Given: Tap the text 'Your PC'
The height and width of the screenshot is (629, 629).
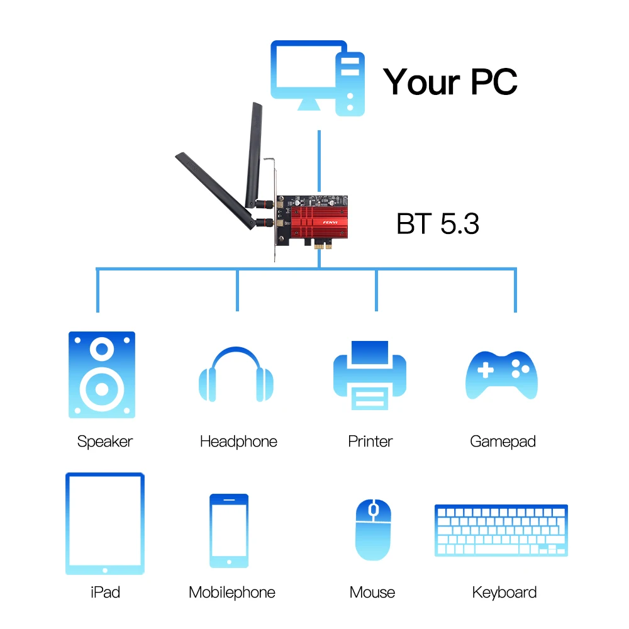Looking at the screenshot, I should [450, 81].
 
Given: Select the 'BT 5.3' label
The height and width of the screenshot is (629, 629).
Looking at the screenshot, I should [438, 225].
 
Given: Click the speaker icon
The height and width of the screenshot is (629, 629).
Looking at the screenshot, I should [101, 375].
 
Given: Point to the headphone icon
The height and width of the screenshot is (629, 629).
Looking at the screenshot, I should [237, 374].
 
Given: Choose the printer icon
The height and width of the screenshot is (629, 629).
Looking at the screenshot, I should [370, 375].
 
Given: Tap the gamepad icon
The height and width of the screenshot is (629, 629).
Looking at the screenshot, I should [502, 375].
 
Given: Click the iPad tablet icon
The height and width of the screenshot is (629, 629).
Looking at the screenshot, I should [105, 523].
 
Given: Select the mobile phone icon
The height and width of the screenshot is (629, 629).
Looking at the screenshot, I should [229, 532].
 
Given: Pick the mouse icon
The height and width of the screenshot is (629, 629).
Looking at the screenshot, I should [373, 530].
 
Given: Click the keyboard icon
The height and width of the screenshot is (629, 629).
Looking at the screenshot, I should [501, 530].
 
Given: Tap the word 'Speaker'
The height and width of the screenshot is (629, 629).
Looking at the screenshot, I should [105, 442].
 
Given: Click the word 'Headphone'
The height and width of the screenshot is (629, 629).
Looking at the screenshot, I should [238, 442].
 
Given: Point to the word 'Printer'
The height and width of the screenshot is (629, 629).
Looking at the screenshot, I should [370, 442].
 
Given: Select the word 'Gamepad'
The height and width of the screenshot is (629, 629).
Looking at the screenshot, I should [503, 442].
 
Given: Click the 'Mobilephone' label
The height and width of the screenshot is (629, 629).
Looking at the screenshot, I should [232, 593].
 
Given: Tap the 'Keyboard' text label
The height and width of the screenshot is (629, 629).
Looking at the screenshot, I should [504, 593].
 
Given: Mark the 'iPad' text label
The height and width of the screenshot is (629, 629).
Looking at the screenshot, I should [105, 593].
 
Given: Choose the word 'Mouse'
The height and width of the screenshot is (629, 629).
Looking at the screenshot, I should [372, 593].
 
